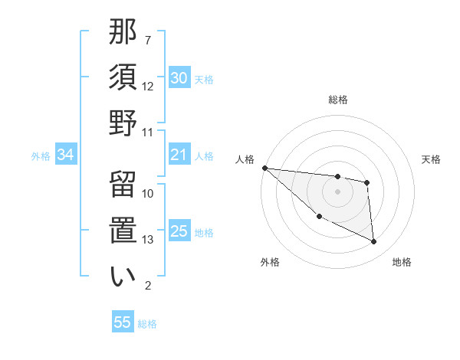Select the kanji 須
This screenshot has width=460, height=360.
[x=123, y=77]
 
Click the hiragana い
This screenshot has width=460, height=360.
[x=123, y=276]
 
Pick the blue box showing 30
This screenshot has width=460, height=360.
[x=179, y=78]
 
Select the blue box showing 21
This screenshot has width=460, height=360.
[x=179, y=155]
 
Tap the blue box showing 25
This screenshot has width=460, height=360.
[x=179, y=231]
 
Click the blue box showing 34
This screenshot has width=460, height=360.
[x=65, y=155]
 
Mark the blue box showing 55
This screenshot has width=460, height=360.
[x=123, y=322]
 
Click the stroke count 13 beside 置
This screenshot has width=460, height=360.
[x=148, y=240]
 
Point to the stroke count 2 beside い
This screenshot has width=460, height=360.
[x=148, y=286]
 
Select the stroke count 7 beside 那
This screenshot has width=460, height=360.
[x=148, y=39]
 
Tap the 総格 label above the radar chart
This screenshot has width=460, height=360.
[x=338, y=100]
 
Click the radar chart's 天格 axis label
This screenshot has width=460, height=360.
[x=431, y=159]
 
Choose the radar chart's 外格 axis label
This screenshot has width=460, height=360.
[x=270, y=262]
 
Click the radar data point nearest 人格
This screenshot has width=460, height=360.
[x=264, y=168]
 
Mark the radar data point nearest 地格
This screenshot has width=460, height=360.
[x=374, y=242]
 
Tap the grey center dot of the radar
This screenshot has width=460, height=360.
[x=338, y=191]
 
